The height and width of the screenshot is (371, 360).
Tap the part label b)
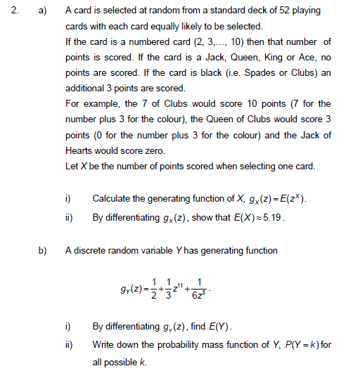tap(43, 250)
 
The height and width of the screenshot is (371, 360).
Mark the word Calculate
tap(113, 199)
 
